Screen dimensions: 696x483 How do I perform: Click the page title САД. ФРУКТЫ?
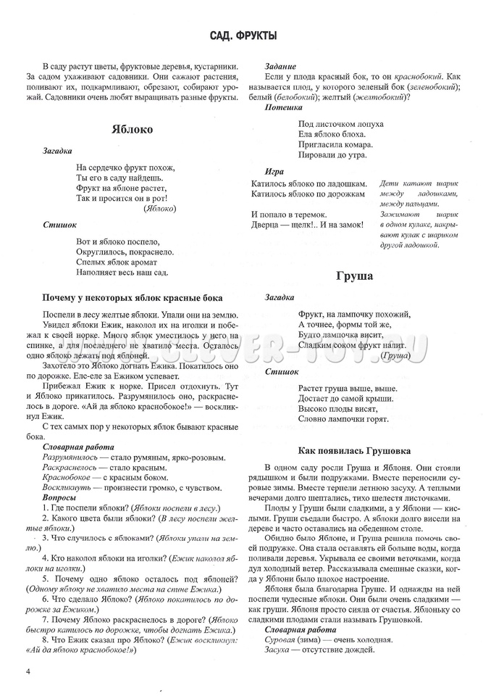click(242, 36)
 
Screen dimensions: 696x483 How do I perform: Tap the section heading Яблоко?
click(133, 129)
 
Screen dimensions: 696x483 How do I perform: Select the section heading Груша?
click(354, 276)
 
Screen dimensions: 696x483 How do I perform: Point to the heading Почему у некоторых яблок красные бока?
click(133, 298)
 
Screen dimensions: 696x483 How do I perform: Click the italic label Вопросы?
click(60, 498)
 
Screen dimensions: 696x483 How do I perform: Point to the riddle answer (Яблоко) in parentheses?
click(159, 208)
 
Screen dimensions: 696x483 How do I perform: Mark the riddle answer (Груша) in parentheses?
click(395, 357)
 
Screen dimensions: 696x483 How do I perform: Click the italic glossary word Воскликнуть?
click(67, 489)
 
